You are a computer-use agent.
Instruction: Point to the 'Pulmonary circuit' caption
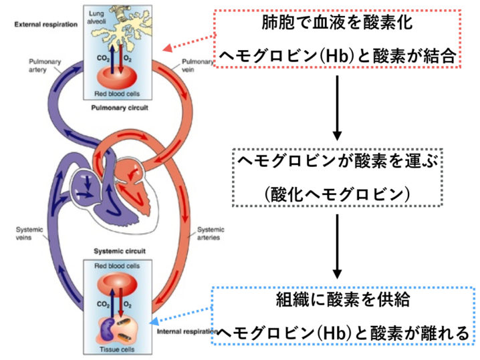click(x=120, y=106)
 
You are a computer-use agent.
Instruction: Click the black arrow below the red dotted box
click(x=338, y=106)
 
